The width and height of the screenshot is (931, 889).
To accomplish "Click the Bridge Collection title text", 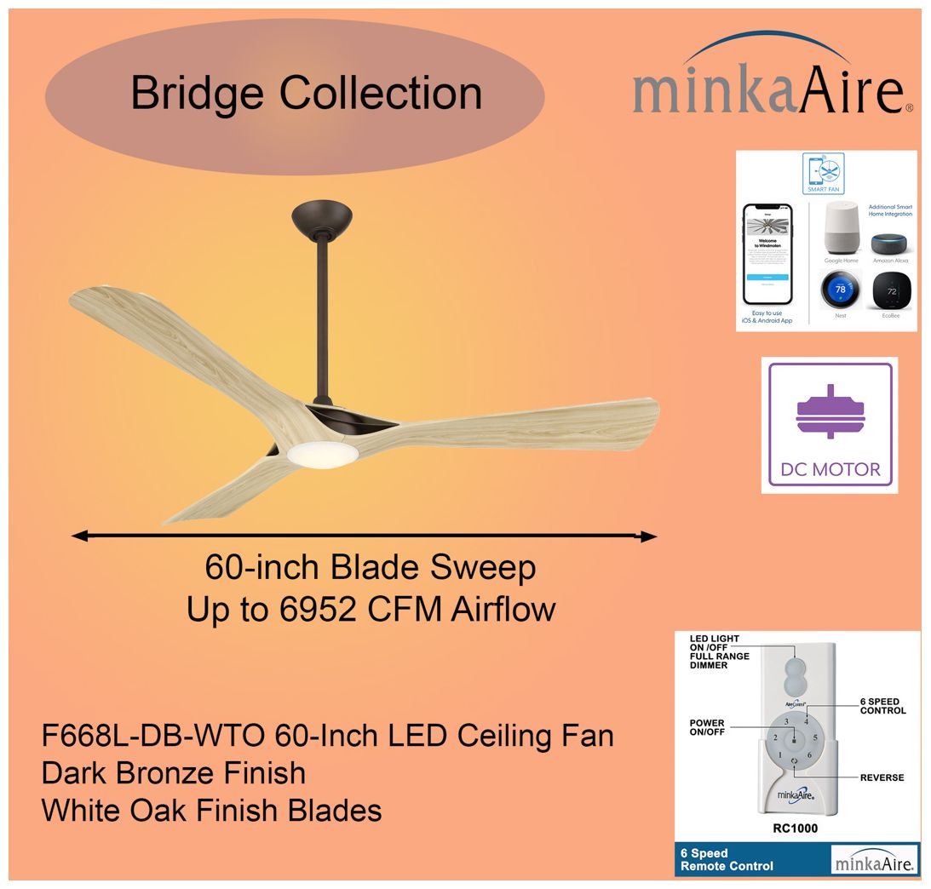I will coord(307,93).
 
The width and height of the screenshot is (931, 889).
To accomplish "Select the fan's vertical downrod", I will coord(322,324).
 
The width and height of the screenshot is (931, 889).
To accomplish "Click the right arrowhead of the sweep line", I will coord(648,536).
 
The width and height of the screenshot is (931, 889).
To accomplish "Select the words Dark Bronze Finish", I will coord(174,773).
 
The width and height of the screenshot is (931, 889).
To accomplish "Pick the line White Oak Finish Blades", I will coord(211,810).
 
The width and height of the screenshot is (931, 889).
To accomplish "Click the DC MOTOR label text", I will coord(830,469).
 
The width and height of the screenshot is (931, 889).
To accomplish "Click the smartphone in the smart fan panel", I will coord(767,253).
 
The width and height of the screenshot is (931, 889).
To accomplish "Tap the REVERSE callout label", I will coord(882,777).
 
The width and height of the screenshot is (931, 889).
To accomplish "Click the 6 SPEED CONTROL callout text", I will coord(882,706).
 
